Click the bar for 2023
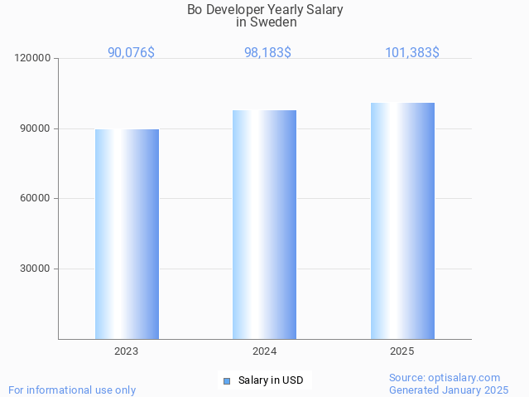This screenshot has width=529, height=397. pos(127,234)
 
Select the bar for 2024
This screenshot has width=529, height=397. pos(264,225)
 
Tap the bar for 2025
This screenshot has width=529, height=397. pos(402,220)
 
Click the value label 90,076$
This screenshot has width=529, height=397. pos(131,52)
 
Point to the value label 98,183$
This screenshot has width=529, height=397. pos(267,52)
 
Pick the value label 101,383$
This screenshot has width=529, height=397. pos(411,52)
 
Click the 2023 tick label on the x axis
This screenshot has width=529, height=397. pos(127,351)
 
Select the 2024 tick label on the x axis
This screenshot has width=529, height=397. pos(264,351)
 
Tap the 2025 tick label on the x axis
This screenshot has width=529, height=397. pos(402,351)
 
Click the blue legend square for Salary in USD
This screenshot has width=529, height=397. pos(226,381)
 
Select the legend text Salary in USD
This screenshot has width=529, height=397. pos(271,381)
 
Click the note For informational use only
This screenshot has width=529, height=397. pos(72,390)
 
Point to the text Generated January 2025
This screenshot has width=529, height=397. pos(449,390)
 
